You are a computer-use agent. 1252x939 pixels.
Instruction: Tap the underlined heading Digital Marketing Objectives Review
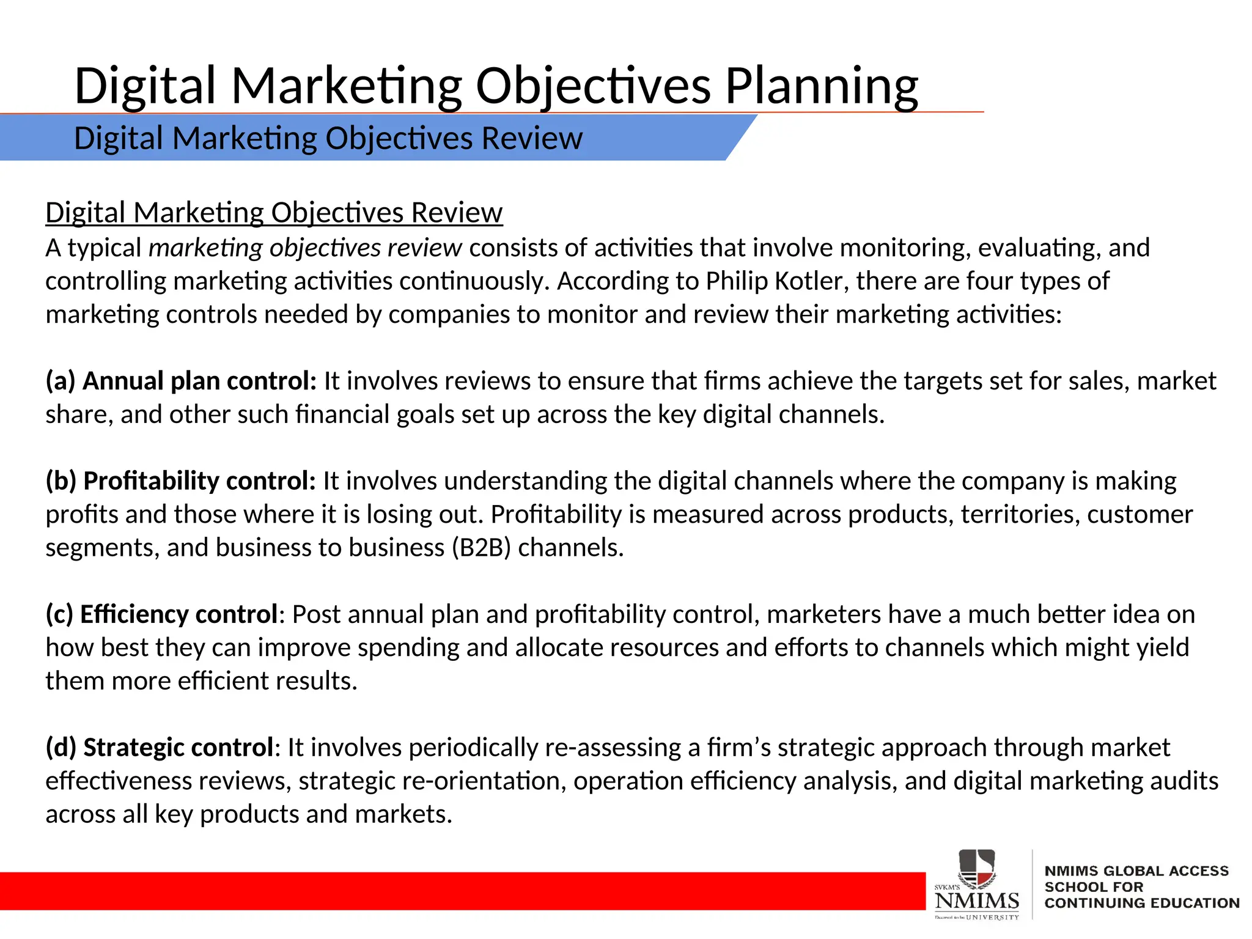[x=274, y=213]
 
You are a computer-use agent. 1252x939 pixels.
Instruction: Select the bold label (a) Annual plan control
[x=181, y=381]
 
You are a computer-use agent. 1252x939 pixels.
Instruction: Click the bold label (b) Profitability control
[x=181, y=481]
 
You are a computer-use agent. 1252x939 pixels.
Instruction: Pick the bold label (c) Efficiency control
[x=162, y=614]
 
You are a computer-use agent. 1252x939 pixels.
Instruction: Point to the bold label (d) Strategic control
[x=160, y=748]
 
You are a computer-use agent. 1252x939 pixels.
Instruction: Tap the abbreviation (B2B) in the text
[x=481, y=548]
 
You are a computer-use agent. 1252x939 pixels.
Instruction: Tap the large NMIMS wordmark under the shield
[x=976, y=900]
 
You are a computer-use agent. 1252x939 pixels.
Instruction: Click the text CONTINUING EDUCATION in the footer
[x=1141, y=903]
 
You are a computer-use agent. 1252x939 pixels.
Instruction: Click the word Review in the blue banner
[x=532, y=138]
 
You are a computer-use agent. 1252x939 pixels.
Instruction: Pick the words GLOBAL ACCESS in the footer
[x=1166, y=871]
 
